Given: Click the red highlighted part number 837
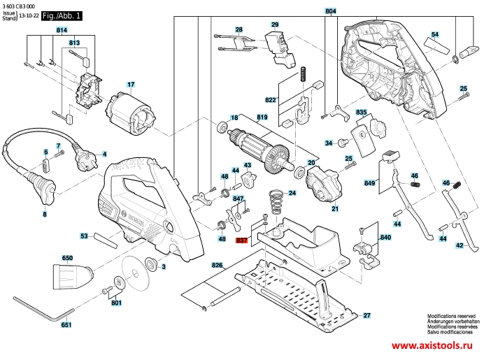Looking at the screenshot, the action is [x=241, y=240].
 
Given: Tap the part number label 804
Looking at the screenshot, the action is [x=331, y=11].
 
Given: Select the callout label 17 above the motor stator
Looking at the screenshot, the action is [x=131, y=84].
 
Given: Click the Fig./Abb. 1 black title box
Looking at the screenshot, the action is [x=62, y=16].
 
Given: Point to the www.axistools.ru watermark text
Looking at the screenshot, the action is [x=432, y=345].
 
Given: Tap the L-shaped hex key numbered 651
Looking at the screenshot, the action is [x=43, y=309].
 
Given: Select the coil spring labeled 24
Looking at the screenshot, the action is [x=276, y=202].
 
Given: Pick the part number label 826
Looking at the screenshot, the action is [x=218, y=266].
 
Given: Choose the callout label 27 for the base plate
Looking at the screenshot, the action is [x=366, y=315].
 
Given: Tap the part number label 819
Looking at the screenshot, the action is [x=262, y=117].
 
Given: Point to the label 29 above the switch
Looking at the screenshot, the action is [x=275, y=24].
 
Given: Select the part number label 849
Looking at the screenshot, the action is [x=370, y=183].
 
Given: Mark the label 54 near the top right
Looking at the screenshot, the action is [x=435, y=34].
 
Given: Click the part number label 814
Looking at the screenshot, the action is [x=62, y=30].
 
